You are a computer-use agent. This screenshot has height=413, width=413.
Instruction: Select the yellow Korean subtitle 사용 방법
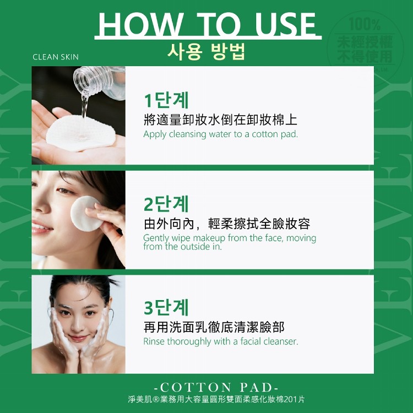point(206,52)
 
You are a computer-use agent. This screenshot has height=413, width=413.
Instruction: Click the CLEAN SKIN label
point(56,57)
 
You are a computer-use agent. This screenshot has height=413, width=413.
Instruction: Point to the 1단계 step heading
point(166,100)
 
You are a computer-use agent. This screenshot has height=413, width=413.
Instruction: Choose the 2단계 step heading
point(166,204)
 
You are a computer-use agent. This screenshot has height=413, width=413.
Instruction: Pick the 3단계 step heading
point(166,307)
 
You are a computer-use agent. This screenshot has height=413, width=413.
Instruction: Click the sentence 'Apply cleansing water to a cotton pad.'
point(220,134)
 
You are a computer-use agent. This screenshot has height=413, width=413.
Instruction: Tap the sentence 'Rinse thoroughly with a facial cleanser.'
point(220,341)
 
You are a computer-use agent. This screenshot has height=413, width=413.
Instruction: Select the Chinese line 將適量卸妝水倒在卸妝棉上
point(220,120)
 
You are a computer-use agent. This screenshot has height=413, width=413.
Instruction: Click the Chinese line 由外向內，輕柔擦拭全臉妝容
point(227,224)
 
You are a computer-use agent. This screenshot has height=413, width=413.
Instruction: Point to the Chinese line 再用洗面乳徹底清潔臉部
point(214,327)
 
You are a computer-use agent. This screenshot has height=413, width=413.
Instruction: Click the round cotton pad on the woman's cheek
point(86,214)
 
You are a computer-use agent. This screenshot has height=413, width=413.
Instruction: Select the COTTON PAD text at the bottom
point(216,388)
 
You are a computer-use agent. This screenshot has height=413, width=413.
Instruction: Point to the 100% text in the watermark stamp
point(365,24)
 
